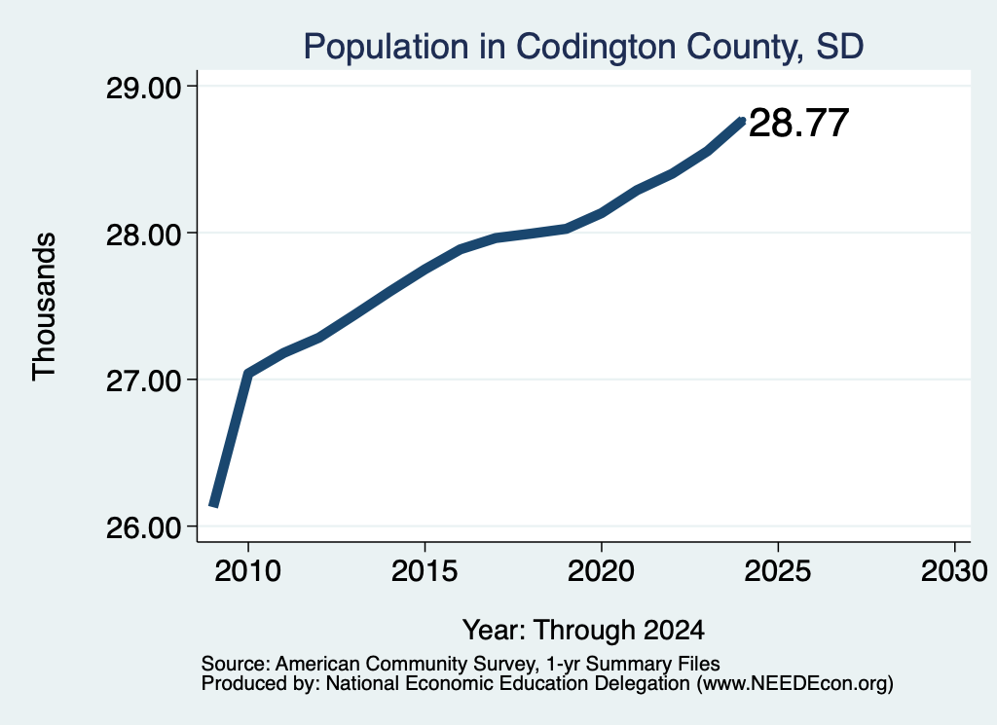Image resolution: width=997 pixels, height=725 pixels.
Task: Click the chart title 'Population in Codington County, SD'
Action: (583, 47)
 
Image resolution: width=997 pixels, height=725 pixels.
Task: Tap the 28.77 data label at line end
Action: (798, 123)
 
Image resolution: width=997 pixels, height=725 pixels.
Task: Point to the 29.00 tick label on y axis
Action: (144, 87)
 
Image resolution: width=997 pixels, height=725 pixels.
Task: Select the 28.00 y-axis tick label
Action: (144, 234)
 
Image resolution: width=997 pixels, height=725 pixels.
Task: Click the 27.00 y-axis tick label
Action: (144, 381)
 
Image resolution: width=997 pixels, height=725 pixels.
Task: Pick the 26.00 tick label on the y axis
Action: (144, 527)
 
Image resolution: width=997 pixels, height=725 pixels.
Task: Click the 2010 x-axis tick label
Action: (248, 571)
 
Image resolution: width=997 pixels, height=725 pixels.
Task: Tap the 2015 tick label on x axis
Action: (425, 571)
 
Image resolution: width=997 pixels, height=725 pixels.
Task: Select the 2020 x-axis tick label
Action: (601, 571)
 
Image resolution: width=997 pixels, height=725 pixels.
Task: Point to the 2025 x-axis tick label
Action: (778, 571)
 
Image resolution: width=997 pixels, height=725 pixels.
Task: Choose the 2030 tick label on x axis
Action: (954, 571)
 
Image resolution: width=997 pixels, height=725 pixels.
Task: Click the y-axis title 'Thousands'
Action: (44, 307)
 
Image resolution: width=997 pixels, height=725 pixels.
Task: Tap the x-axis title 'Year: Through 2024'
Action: (583, 630)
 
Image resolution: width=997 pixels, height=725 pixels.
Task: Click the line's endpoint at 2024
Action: (741, 121)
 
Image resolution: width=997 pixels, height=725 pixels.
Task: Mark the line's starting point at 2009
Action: (213, 506)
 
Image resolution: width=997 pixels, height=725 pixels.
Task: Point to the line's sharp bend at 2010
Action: (248, 374)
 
